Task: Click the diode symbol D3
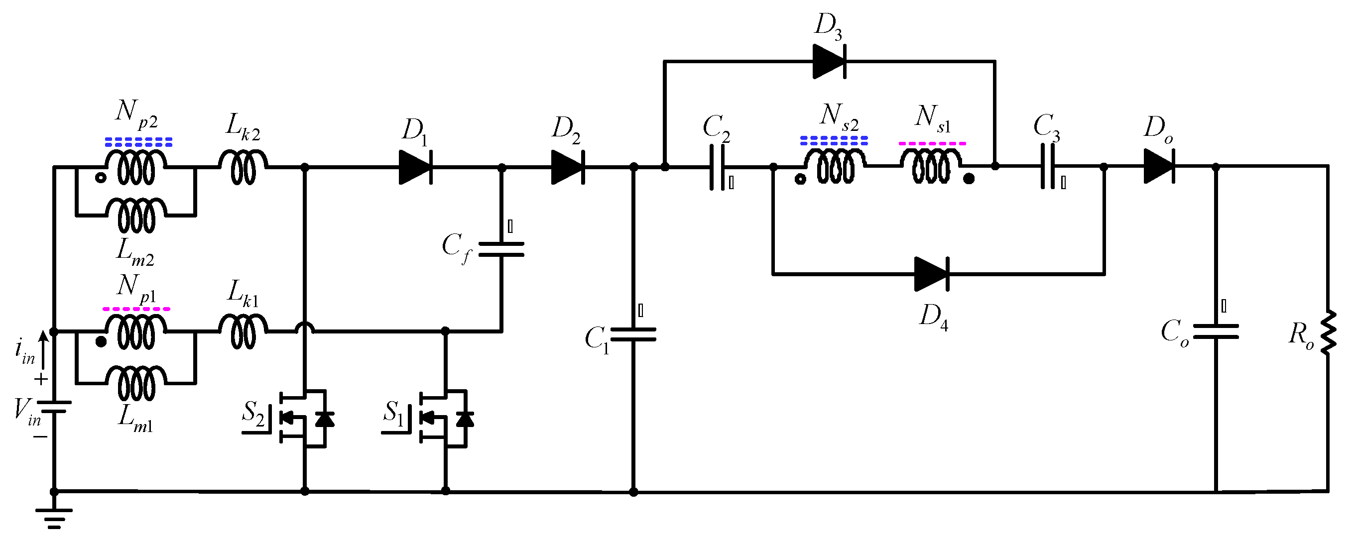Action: click(829, 61)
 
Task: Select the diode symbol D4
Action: click(931, 274)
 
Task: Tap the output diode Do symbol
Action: click(1159, 167)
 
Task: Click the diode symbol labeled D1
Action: click(415, 167)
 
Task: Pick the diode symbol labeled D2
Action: click(568, 167)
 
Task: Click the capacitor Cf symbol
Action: click(501, 249)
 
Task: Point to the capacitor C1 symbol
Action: click(633, 334)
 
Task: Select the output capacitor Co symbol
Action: click(1216, 331)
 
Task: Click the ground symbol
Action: click(54, 517)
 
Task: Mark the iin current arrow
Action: click(44, 349)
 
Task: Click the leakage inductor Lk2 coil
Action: click(243, 167)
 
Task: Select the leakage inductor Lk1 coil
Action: click(243, 331)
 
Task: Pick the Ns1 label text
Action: click(932, 118)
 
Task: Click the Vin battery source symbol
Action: click(54, 407)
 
